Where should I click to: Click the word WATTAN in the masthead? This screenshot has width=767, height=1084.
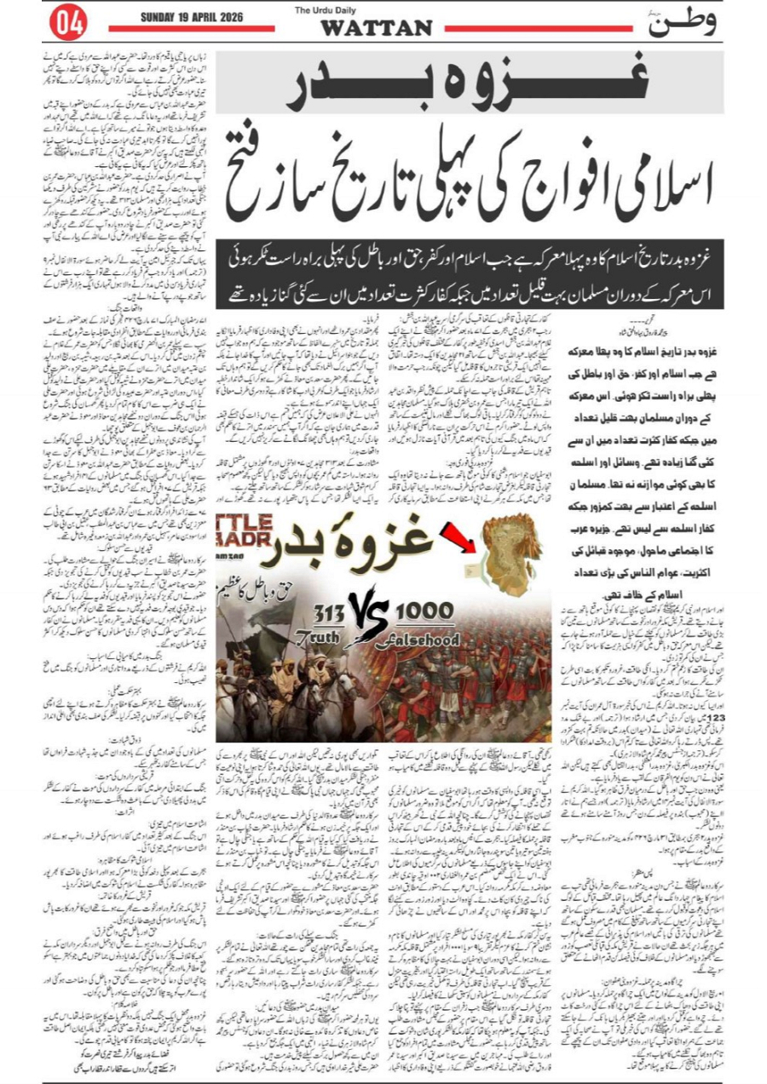[x=376, y=28]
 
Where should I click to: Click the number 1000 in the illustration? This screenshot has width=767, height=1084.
[x=423, y=611]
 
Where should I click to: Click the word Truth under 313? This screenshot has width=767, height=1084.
[x=326, y=635]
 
